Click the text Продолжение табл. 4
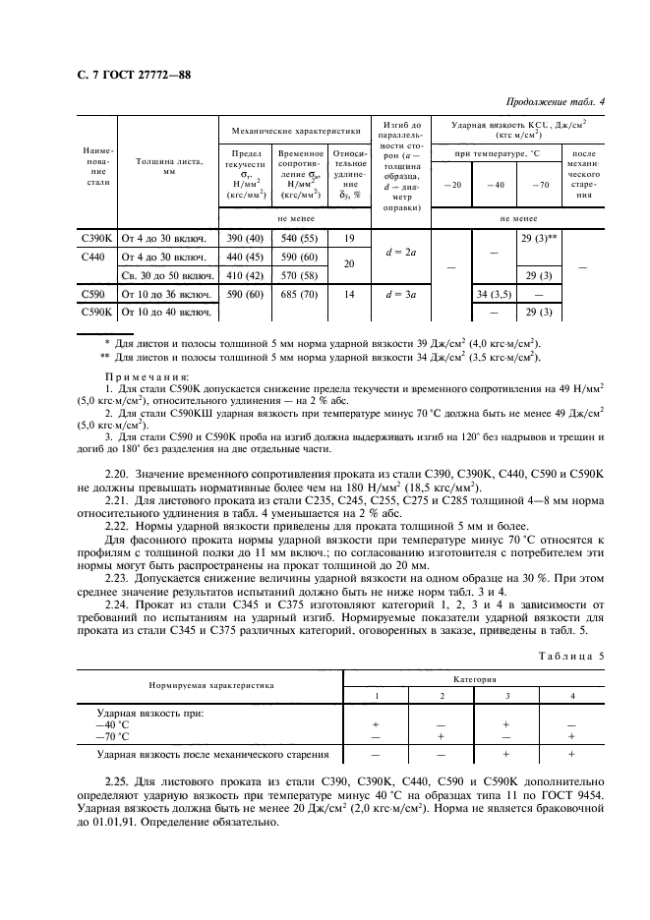[x=555, y=101]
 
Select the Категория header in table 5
[x=475, y=678]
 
